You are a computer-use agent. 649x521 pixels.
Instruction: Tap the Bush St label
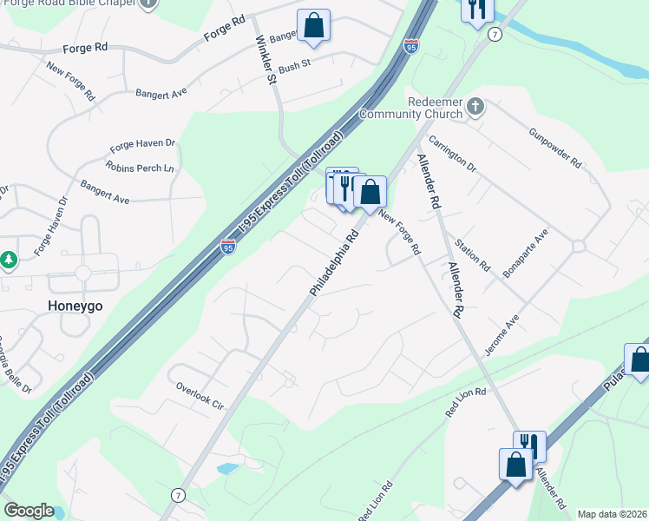[294, 65]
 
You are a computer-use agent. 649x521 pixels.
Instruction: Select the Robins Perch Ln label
[140, 166]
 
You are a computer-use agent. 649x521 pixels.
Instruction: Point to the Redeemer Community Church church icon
[475, 107]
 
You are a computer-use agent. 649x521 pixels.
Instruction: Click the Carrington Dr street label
[454, 153]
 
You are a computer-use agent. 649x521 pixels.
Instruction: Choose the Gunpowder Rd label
[554, 145]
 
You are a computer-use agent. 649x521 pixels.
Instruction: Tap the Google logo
[29, 511]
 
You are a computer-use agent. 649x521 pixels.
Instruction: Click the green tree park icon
[9, 260]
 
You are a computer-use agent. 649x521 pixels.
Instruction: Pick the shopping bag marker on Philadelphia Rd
[370, 193]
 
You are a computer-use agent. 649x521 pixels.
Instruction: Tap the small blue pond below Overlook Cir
[226, 468]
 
